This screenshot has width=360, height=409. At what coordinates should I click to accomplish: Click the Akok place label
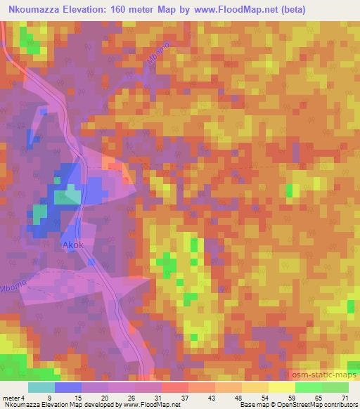72,247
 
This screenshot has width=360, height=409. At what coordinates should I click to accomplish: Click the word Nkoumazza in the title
32,9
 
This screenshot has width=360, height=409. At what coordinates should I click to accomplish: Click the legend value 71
344,398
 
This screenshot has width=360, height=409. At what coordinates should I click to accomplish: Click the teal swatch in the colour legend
41,387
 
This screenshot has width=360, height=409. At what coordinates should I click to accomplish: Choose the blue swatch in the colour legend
67,387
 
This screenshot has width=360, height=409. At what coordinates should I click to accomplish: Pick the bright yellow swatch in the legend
281,387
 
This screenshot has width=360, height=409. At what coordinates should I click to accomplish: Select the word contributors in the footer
335,405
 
